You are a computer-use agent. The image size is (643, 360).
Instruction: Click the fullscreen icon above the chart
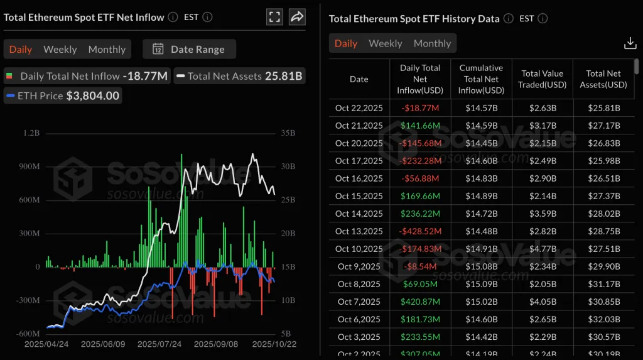click(x=274, y=17)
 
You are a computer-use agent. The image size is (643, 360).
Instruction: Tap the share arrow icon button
click(x=297, y=17)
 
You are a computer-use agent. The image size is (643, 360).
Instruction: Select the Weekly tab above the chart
click(x=60, y=49)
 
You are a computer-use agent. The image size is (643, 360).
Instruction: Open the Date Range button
click(x=189, y=49)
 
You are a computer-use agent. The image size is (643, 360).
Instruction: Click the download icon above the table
click(x=629, y=43)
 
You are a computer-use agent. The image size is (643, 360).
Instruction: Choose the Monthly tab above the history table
click(x=432, y=43)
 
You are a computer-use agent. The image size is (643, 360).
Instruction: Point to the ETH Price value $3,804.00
click(x=93, y=95)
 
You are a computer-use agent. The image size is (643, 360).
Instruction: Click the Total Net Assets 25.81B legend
click(x=239, y=76)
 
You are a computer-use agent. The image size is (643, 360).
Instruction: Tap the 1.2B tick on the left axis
click(x=30, y=134)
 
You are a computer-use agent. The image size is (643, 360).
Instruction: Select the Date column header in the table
click(x=359, y=79)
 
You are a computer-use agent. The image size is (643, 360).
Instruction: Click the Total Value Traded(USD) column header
click(x=543, y=79)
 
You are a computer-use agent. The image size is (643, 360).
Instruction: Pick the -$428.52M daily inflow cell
click(x=419, y=231)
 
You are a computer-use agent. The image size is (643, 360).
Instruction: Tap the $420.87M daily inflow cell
click(x=419, y=302)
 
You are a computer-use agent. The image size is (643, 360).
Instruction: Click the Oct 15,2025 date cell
click(x=359, y=196)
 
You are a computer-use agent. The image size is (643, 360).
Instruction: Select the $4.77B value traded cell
click(x=543, y=249)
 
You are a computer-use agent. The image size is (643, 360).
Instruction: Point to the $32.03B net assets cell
click(x=603, y=319)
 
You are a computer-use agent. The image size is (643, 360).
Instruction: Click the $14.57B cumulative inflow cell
click(x=481, y=108)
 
